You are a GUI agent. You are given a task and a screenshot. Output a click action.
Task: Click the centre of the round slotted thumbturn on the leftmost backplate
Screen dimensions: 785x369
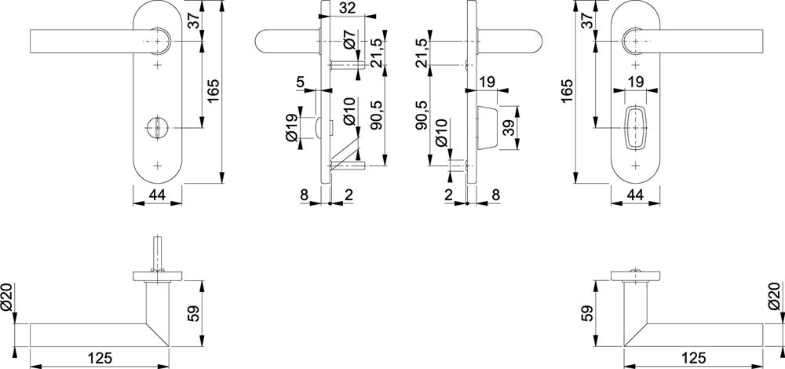pyautogui.click(x=158, y=128)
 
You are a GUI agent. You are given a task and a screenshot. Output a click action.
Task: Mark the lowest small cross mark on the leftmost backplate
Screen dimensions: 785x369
pyautogui.click(x=159, y=165)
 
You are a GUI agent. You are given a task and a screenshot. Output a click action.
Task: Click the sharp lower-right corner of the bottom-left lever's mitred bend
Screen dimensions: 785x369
pyautogui.click(x=170, y=346)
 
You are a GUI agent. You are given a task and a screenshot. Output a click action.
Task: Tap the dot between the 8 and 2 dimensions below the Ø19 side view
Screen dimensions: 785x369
pyautogui.click(x=330, y=203)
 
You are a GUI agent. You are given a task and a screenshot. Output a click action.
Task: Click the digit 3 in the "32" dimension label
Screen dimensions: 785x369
pyautogui.click(x=344, y=9)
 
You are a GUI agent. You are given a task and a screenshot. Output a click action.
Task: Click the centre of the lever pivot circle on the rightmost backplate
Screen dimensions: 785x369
pyautogui.click(x=636, y=41)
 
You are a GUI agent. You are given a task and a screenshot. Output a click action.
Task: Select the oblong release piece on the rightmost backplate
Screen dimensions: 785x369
pyautogui.click(x=635, y=128)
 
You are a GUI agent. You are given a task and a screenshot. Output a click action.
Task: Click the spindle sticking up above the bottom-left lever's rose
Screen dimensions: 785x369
pyautogui.click(x=158, y=254)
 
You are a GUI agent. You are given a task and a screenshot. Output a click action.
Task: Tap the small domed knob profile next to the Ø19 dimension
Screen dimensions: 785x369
pyautogui.click(x=319, y=128)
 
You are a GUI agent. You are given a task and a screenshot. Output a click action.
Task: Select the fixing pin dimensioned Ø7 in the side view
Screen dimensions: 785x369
pyautogui.click(x=346, y=64)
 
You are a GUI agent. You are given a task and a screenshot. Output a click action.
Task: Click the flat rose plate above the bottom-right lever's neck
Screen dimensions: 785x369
pyautogui.click(x=635, y=276)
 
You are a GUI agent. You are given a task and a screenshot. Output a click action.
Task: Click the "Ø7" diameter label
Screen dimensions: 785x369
pyautogui.click(x=350, y=40)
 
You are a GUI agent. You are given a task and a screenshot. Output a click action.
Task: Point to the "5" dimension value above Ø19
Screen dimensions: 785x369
pyautogui.click(x=300, y=82)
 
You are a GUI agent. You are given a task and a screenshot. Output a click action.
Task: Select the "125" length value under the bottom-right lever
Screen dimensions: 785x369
pyautogui.click(x=693, y=358)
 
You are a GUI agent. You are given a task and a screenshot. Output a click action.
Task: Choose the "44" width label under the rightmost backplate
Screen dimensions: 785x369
pyautogui.click(x=635, y=196)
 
